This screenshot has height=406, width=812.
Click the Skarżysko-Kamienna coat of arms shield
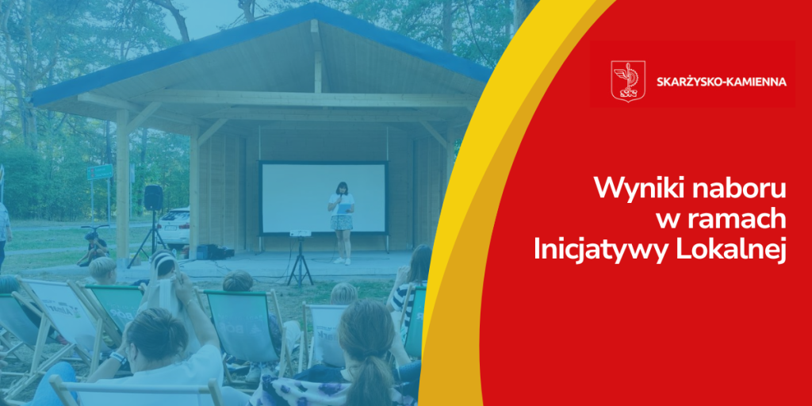[628, 82]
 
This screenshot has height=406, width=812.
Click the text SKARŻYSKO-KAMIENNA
[722, 82]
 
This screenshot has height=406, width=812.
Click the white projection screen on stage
[324, 198]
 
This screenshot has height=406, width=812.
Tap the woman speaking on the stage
[341, 223]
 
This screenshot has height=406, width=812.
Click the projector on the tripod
[300, 234]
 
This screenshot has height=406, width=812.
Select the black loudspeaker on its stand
[153, 197]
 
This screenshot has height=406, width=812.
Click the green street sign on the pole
[100, 172]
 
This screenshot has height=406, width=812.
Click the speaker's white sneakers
[343, 261]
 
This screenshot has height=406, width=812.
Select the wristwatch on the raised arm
[119, 358]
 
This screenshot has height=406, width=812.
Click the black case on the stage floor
[209, 251]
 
